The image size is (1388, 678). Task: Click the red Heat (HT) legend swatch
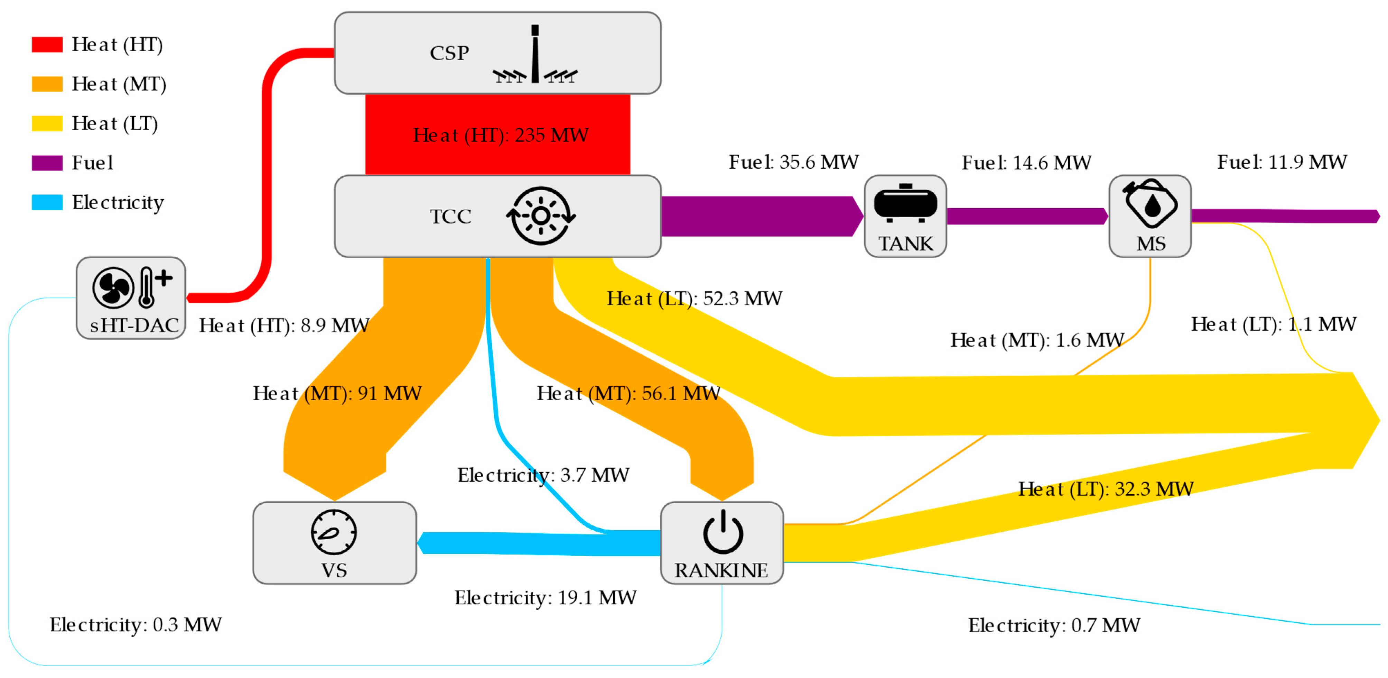coord(47,44)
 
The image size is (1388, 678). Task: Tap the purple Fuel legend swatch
coord(47,163)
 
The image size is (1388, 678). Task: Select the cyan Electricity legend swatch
coord(47,202)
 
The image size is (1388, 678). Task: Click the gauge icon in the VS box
coord(334,532)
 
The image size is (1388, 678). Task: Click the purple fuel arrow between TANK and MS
coord(1026,216)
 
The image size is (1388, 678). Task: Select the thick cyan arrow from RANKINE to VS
coord(539,543)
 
